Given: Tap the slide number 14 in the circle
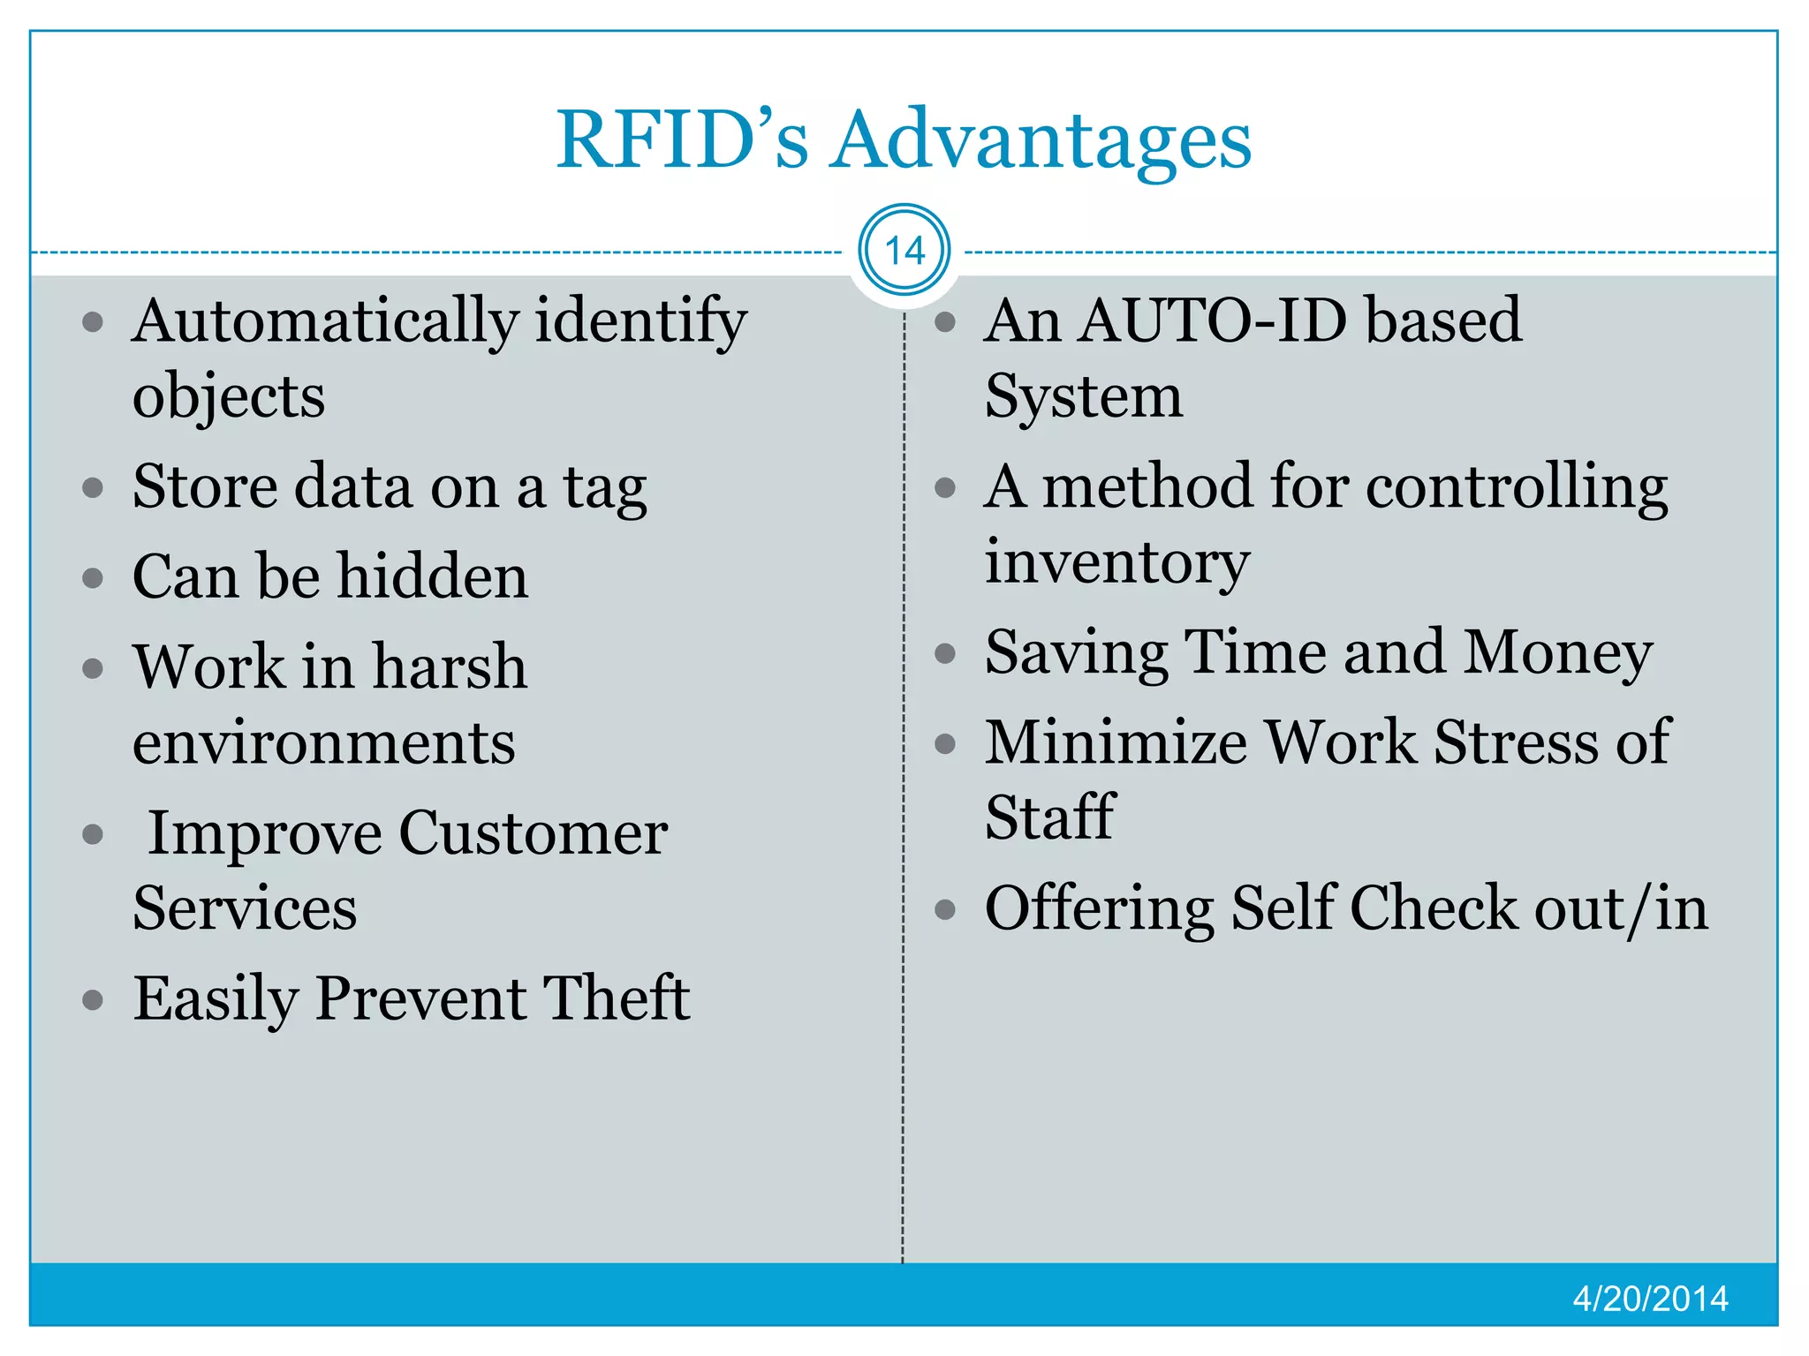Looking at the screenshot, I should [x=904, y=251].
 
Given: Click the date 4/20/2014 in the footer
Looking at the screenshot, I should [x=1650, y=1299].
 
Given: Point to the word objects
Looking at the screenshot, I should [x=229, y=396].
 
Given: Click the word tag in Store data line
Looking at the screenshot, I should [x=605, y=488].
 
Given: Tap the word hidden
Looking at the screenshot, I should [x=433, y=576].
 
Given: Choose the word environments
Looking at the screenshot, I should [x=323, y=742].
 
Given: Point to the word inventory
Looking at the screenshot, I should [x=1116, y=562].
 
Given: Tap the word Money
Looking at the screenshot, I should [x=1558, y=653].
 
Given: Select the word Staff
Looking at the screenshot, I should [x=1049, y=817].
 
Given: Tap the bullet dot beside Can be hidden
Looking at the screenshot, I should [x=93, y=578].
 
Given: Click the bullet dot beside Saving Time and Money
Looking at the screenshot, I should [x=945, y=653].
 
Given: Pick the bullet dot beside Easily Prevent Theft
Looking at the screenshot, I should [x=93, y=1000].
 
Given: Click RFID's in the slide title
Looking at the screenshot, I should [x=682, y=141].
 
